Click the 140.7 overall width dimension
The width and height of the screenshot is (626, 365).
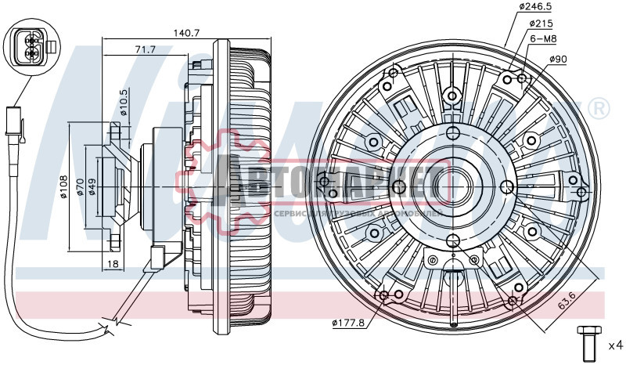click(x=187, y=33)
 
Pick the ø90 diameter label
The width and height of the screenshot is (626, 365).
click(x=556, y=60)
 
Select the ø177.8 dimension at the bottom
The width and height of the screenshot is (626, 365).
click(x=349, y=322)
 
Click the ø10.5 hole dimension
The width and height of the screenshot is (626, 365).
click(x=124, y=103)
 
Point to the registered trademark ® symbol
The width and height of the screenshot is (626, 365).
click(x=598, y=107)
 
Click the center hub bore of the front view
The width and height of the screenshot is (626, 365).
click(x=452, y=186)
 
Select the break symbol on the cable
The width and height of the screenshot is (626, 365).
click(x=110, y=322)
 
